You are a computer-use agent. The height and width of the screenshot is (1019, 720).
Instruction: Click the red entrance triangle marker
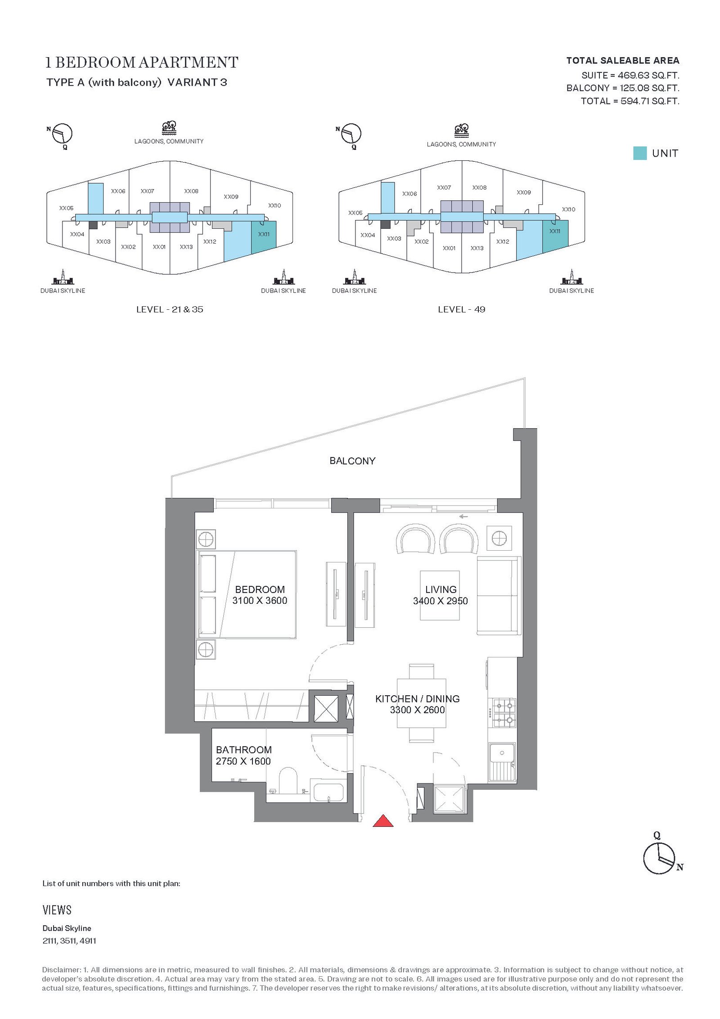coord(383,821)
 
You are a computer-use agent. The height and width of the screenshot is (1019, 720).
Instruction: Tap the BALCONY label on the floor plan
coord(352,461)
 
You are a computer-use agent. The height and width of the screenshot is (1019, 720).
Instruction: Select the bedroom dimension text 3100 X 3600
coord(260,600)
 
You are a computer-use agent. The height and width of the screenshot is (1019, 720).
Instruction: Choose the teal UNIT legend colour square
coord(639,153)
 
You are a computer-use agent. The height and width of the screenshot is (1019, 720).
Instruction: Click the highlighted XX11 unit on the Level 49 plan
coord(555,234)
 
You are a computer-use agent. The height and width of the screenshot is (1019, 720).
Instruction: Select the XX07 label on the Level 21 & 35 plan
coord(147,191)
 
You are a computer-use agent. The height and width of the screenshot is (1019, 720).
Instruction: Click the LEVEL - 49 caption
coord(461,309)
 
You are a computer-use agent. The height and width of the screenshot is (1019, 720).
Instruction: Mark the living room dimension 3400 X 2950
coord(440,601)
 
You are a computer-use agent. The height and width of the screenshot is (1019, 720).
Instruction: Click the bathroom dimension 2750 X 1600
coord(243,761)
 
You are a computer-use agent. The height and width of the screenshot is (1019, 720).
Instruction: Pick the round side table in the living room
coord(499,538)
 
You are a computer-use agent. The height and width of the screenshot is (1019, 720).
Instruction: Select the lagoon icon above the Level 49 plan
coord(461,131)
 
